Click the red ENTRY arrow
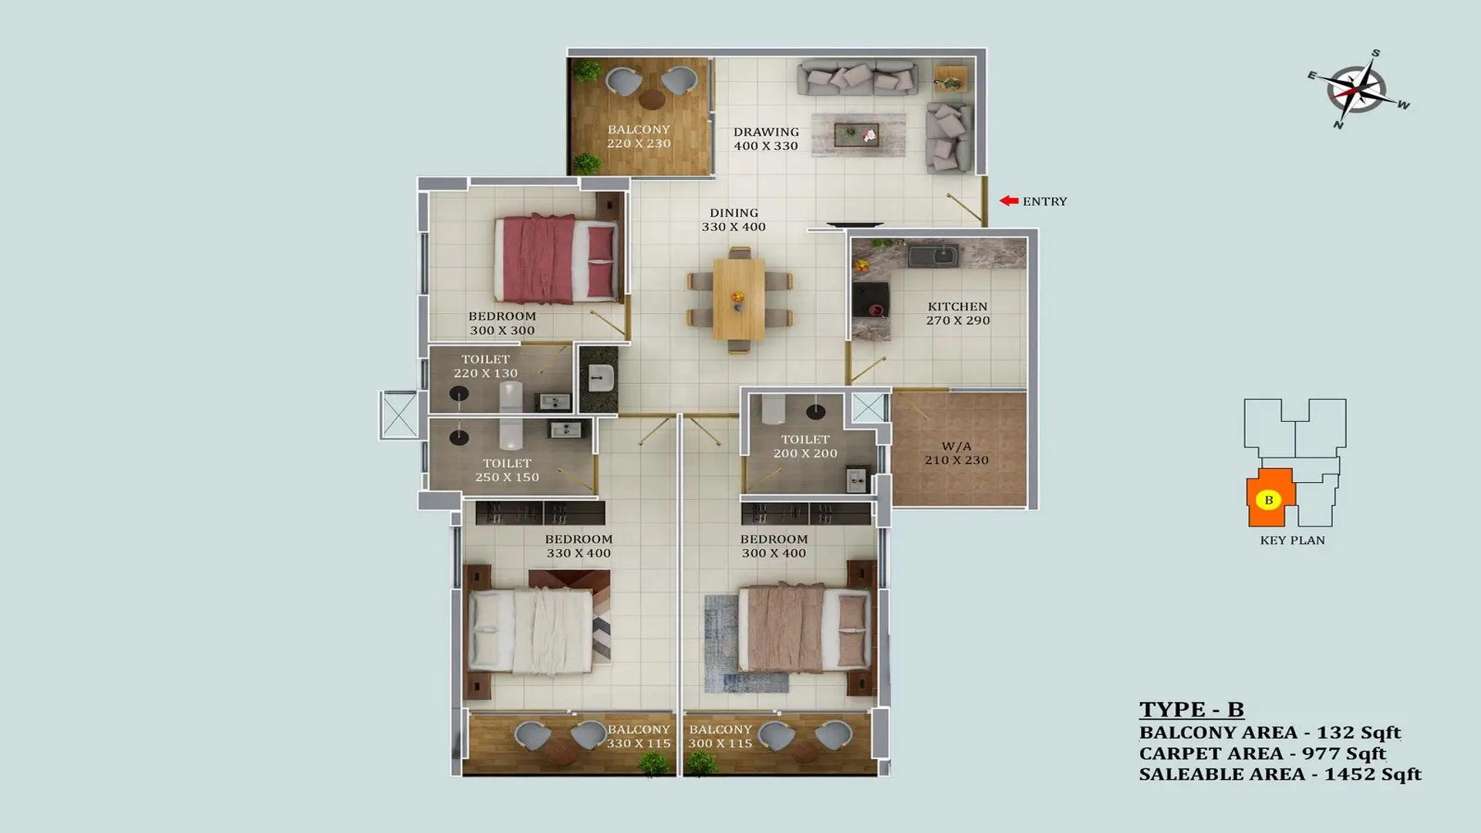coord(1009,201)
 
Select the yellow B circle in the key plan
coord(1268,500)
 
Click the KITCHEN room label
coord(957,306)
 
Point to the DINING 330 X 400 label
coord(734,220)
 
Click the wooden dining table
coord(739,298)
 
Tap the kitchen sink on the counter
coord(933,255)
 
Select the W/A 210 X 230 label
coord(956,453)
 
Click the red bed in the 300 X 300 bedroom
coord(558,259)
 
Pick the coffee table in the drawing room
coord(859,134)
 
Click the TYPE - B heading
coord(1192,709)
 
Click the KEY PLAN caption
coord(1292,540)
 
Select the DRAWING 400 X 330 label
coord(766,139)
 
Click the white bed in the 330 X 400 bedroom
coord(531,632)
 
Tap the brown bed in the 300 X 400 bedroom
coord(805,626)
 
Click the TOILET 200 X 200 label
coord(805,447)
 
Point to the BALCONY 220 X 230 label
coord(639,137)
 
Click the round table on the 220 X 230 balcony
coord(652,99)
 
